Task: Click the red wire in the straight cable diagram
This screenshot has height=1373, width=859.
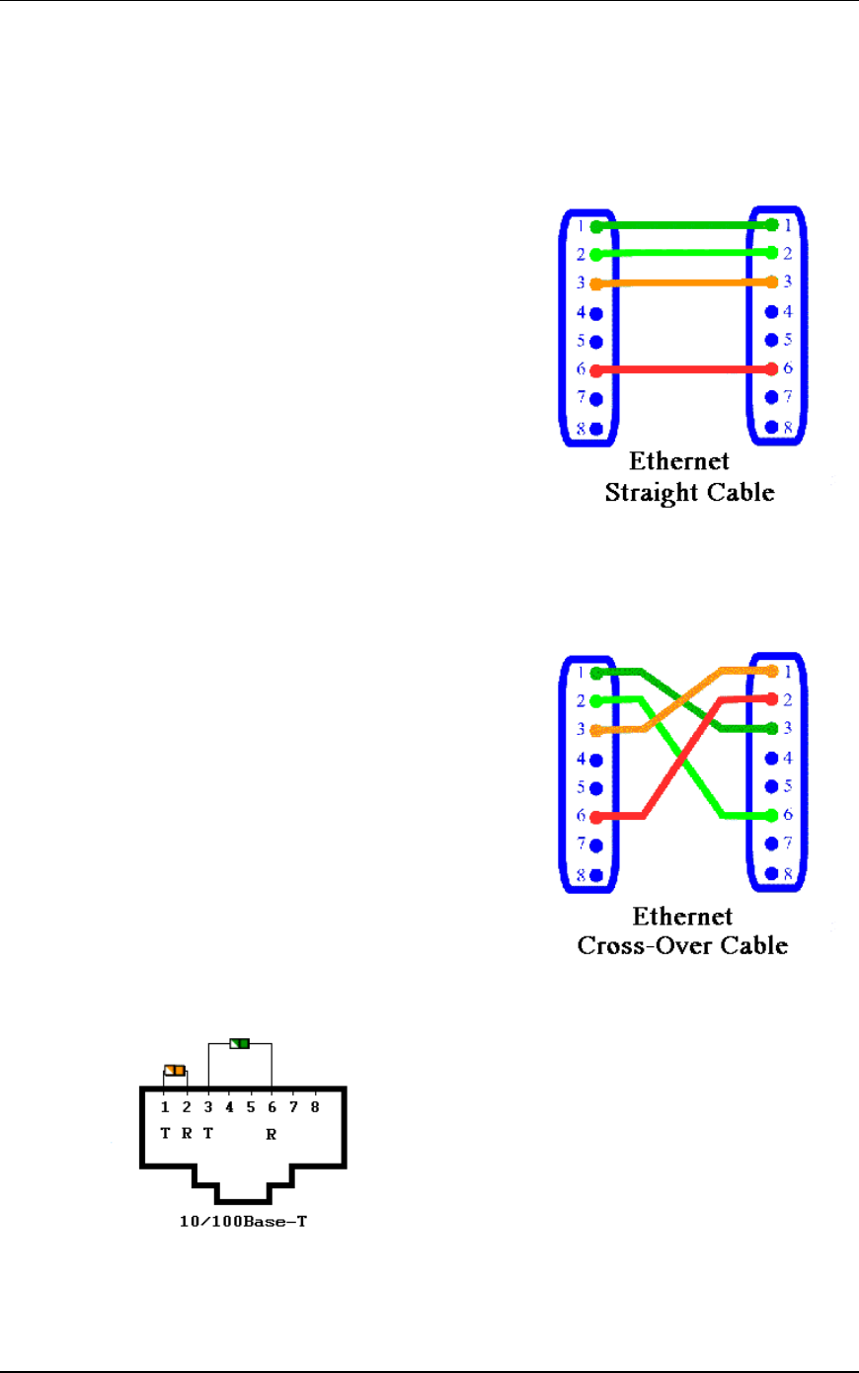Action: coord(684,370)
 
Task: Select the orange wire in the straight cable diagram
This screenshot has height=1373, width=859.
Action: coord(684,283)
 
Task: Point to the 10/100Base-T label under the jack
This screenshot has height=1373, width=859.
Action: coord(243,1222)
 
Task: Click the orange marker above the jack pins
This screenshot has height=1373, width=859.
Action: coord(175,1070)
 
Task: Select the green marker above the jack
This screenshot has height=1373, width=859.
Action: coord(239,1043)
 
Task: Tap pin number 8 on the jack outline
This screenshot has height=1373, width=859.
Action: coord(315,1107)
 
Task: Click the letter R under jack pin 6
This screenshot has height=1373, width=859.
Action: coord(272,1135)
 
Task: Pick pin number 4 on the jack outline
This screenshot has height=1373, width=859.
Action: coord(229,1107)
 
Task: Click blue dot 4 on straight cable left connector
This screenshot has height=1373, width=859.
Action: coord(596,313)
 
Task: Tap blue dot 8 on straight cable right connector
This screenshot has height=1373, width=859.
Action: coord(772,427)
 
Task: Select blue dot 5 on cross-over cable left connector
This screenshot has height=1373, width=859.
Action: coord(596,788)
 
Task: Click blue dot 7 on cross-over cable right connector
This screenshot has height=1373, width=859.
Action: coord(772,844)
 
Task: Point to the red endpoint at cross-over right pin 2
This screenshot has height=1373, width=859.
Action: coord(772,699)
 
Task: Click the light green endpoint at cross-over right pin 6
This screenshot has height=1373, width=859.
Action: coord(772,815)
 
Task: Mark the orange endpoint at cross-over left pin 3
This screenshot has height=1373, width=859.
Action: coord(596,731)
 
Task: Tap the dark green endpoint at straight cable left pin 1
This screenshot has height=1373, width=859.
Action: coord(596,227)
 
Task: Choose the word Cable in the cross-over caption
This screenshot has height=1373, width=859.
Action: coord(754,945)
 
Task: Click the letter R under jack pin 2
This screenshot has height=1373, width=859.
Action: coord(187,1134)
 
